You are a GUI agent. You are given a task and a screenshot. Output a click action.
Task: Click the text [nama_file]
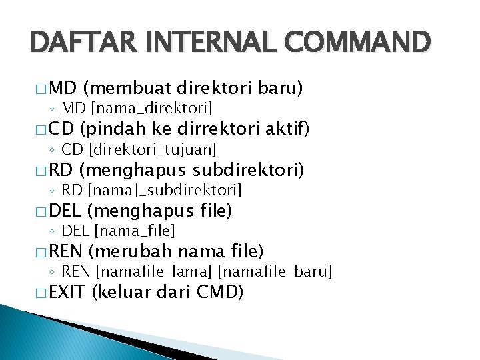pyautogui.click(x=135, y=231)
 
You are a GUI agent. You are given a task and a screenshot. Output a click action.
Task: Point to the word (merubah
pyautogui.click(x=129, y=252)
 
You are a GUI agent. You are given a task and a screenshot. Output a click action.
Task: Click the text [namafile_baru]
pyautogui.click(x=275, y=272)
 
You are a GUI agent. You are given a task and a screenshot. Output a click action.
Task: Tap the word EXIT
pyautogui.click(x=67, y=293)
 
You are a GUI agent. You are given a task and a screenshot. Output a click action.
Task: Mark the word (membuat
pyautogui.click(x=128, y=89)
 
